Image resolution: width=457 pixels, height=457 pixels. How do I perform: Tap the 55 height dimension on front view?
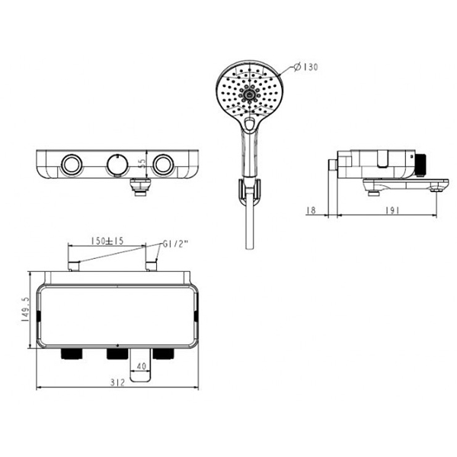pos(142,164)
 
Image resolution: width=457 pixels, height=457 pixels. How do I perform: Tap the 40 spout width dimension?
pos(140,366)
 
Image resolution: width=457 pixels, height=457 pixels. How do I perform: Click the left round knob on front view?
pos(72,164)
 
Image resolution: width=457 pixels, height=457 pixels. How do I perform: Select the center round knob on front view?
pos(116,164)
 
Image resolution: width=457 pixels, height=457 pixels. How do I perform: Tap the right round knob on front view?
pos(161,164)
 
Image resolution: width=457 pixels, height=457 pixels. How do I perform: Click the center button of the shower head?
pos(248,95)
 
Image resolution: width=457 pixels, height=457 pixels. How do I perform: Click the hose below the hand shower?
pos(247,228)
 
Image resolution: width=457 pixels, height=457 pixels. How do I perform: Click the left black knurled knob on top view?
pos(70,354)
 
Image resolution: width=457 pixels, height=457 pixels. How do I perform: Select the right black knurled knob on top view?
pos(161,354)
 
